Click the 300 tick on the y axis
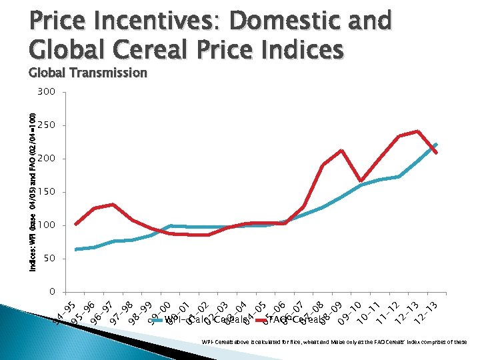click(x=46, y=92)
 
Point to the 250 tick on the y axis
click(x=46, y=125)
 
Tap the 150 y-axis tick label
click(x=46, y=192)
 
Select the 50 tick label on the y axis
click(x=49, y=259)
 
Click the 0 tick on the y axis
click(x=51, y=292)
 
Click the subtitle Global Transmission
click(x=88, y=73)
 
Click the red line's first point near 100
click(x=75, y=224)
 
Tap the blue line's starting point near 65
click(x=75, y=249)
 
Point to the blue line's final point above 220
click(x=437, y=143)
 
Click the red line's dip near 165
click(x=361, y=181)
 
